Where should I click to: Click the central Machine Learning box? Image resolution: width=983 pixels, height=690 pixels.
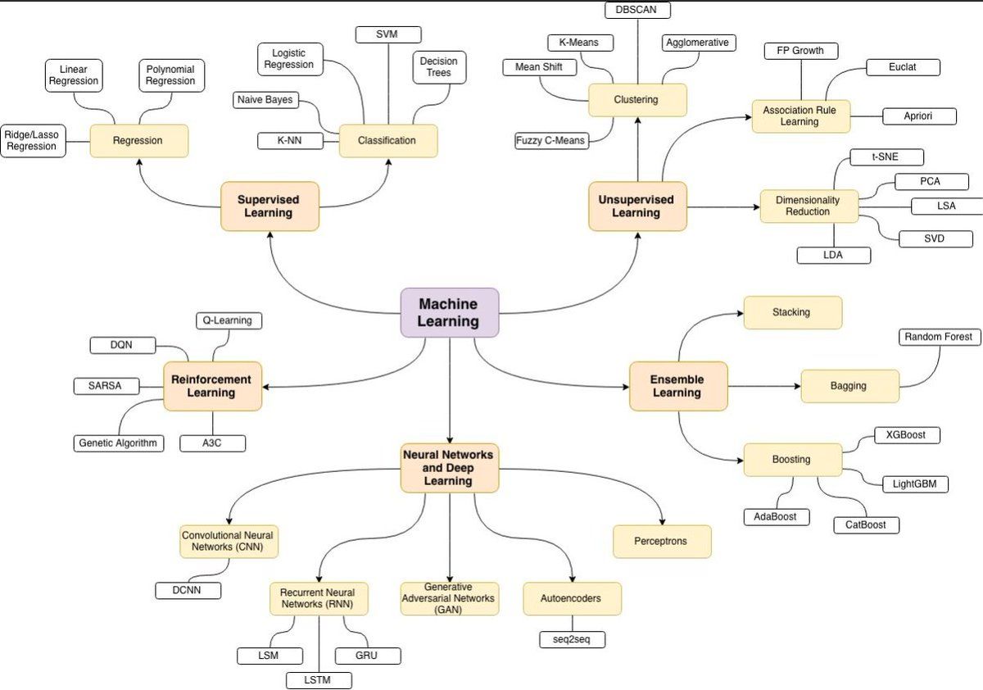click(x=448, y=312)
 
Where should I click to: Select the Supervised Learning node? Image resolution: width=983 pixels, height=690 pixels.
click(x=269, y=207)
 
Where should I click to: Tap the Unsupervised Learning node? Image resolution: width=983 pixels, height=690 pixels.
click(x=636, y=207)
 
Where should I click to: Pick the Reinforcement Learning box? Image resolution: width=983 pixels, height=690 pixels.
click(x=211, y=386)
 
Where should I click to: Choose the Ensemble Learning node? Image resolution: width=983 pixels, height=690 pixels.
click(x=677, y=386)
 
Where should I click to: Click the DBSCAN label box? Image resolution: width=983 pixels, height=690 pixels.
click(x=637, y=10)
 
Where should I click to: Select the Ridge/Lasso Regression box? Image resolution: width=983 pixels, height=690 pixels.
click(x=32, y=140)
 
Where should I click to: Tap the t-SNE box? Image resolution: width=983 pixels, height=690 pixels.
click(x=875, y=157)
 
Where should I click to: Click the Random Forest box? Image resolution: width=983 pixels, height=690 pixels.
click(x=939, y=337)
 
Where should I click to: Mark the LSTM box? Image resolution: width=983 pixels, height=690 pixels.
click(x=319, y=680)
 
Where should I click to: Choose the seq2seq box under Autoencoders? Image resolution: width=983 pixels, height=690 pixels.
click(x=572, y=639)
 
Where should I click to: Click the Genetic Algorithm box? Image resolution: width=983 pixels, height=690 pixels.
click(x=118, y=443)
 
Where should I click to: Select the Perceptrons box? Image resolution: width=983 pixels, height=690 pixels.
click(x=661, y=542)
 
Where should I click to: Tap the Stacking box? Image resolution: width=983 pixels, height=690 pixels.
click(x=791, y=312)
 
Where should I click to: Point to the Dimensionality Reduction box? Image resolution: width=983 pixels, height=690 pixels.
click(x=808, y=206)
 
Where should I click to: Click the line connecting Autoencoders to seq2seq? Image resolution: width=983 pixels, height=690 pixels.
click(x=572, y=623)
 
